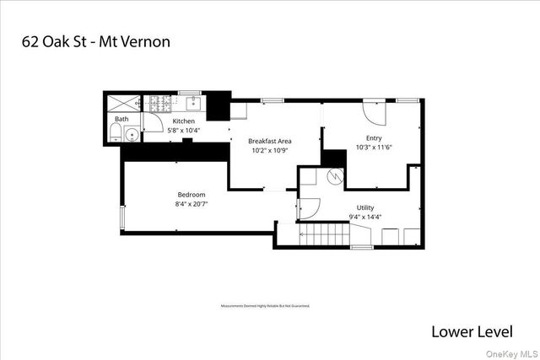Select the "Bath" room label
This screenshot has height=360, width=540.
point(122,120)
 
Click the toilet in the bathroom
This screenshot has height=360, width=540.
point(115,135)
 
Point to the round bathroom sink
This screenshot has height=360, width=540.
point(131,135)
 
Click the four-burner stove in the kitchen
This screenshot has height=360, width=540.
point(161,105)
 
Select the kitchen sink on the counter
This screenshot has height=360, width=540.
point(192,104)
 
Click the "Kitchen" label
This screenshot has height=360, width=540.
point(184,121)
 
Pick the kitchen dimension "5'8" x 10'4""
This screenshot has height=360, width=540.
point(184,131)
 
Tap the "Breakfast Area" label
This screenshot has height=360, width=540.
point(269,141)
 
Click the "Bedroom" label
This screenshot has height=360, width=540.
point(191,195)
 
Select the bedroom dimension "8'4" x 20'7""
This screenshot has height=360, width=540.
point(191,204)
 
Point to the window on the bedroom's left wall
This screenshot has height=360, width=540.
point(123,218)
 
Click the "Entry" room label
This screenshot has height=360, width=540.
point(374,137)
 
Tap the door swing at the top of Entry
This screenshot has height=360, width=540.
point(373,112)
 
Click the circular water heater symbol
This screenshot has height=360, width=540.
point(336,176)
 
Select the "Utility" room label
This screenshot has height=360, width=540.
point(364,207)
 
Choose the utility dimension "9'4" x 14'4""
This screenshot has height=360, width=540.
point(364,217)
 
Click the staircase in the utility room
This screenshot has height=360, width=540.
point(330,234)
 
